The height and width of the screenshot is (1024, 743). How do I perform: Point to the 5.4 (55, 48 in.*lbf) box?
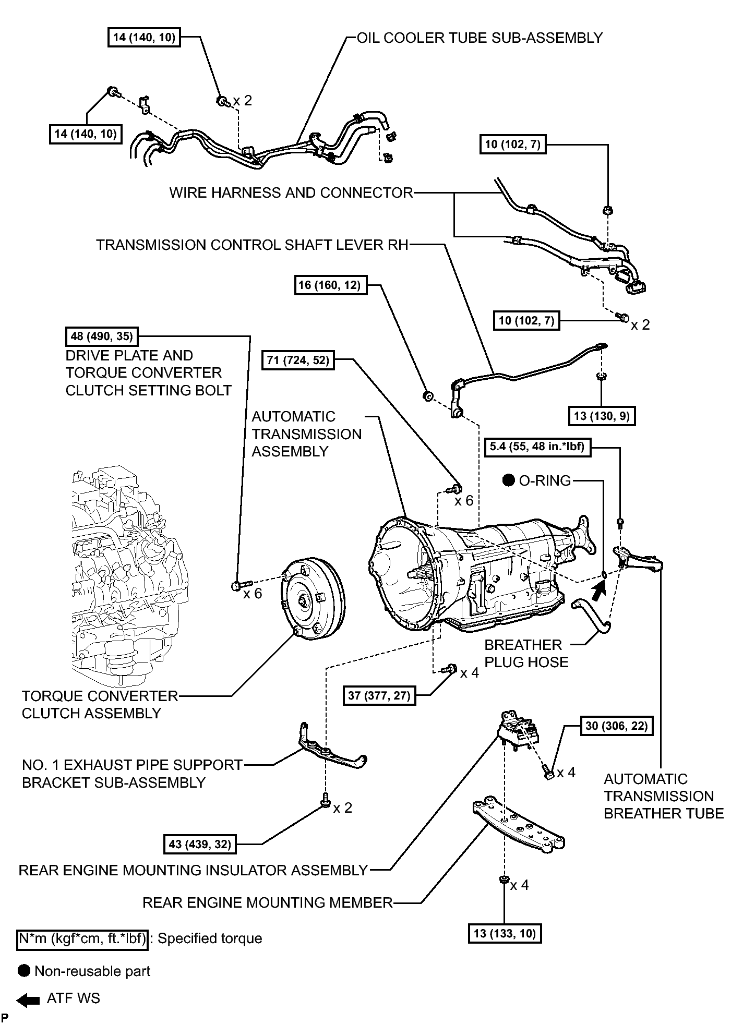[x=538, y=447]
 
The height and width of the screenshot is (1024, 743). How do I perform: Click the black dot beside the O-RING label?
[x=509, y=480]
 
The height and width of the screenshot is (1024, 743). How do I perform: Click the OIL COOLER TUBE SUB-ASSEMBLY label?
[x=480, y=38]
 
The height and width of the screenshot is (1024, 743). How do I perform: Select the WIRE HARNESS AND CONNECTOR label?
[x=291, y=193]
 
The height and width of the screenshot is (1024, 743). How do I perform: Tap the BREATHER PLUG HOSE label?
[x=526, y=653]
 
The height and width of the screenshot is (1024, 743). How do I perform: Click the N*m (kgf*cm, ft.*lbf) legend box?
[x=82, y=938]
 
